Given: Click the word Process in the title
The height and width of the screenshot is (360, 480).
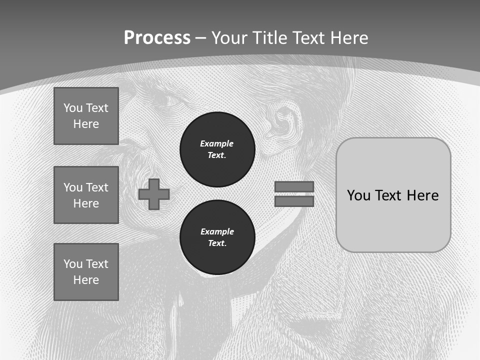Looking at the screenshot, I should click(x=157, y=38).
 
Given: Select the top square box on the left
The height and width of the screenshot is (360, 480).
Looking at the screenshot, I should click(x=86, y=116).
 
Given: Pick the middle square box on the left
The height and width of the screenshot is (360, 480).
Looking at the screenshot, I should click(x=86, y=195).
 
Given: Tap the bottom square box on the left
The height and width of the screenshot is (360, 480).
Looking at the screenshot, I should click(x=86, y=272).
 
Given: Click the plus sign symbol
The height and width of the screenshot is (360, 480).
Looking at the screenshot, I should click(x=154, y=194).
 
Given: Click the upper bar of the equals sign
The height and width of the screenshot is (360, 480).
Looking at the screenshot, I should click(x=294, y=186).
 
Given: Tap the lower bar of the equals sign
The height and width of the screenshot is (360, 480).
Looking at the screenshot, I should click(x=294, y=201).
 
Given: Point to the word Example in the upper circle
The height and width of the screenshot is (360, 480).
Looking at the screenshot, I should click(x=217, y=143).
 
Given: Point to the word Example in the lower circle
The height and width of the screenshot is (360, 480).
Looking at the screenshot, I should click(x=217, y=231).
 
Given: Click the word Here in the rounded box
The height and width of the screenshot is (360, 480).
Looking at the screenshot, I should click(x=422, y=195).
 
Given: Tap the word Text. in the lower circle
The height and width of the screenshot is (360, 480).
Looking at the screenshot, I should click(x=217, y=243).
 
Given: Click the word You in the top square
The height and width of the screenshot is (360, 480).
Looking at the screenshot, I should click(x=72, y=108).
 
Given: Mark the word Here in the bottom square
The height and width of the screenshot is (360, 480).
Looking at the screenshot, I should click(x=86, y=280).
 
